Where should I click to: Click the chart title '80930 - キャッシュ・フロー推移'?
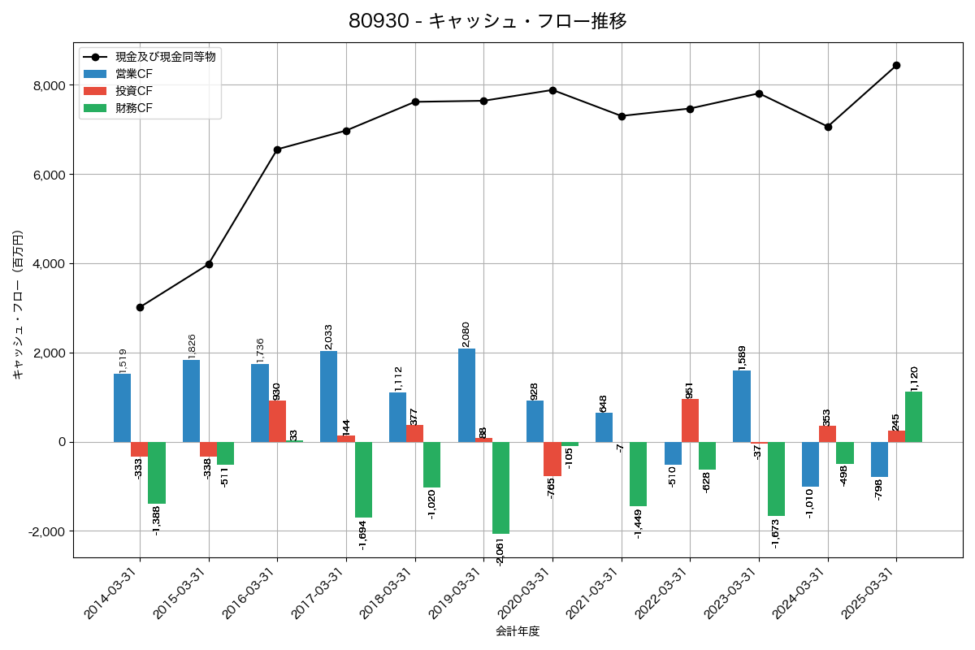click(487, 21)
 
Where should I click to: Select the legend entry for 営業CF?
click(134, 74)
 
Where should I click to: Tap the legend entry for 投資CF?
click(134, 91)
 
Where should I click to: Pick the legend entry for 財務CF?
click(134, 107)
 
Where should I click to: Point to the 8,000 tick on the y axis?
click(48, 86)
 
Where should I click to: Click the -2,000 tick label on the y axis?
click(45, 531)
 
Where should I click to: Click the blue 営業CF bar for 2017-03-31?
click(328, 396)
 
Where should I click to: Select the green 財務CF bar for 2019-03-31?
click(500, 487)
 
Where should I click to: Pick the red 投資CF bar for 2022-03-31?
click(690, 421)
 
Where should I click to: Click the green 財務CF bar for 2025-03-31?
click(913, 417)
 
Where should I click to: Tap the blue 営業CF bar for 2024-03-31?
click(810, 464)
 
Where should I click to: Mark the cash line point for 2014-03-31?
click(141, 307)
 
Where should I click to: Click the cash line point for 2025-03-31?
click(896, 65)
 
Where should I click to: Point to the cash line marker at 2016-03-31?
click(278, 149)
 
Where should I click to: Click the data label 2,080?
click(466, 334)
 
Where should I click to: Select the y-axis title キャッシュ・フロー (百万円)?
click(17, 305)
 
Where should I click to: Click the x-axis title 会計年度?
click(518, 631)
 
